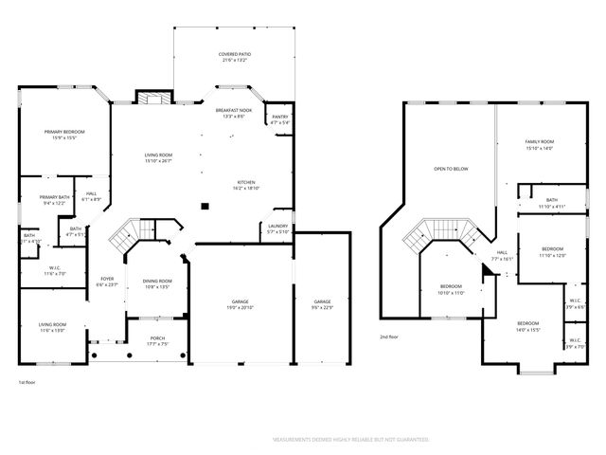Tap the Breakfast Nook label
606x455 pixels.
tap(233, 112)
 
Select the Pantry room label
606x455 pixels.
tap(279, 118)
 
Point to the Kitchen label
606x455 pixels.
tap(246, 184)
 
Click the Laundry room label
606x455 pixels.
tap(277, 227)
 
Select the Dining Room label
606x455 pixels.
tap(157, 282)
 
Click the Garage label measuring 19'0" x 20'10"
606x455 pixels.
tap(241, 303)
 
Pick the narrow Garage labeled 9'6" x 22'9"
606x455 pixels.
tap(322, 303)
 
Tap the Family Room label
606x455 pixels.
tap(540, 143)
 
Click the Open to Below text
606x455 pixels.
tap(451, 169)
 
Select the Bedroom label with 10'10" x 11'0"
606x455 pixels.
tap(451, 288)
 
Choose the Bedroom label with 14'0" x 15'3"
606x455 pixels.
tap(528, 325)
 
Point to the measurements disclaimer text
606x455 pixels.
tap(350, 440)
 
